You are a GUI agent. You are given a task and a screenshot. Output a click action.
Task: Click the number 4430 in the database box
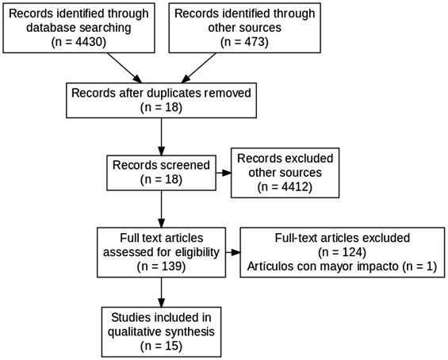87,42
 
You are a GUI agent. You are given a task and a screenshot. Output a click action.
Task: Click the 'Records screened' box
161,173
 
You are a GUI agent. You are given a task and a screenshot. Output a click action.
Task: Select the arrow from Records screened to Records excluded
224,173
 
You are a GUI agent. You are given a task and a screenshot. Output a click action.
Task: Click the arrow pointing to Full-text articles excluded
233,252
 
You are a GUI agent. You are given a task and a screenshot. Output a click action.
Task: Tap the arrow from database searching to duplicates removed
124,68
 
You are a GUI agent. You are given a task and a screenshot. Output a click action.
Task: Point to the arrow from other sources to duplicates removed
198,68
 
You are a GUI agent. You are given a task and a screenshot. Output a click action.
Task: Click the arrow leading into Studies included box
162,293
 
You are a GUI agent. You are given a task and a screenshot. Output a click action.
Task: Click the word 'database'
51,28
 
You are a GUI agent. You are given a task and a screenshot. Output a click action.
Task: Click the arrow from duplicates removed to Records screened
162,137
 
